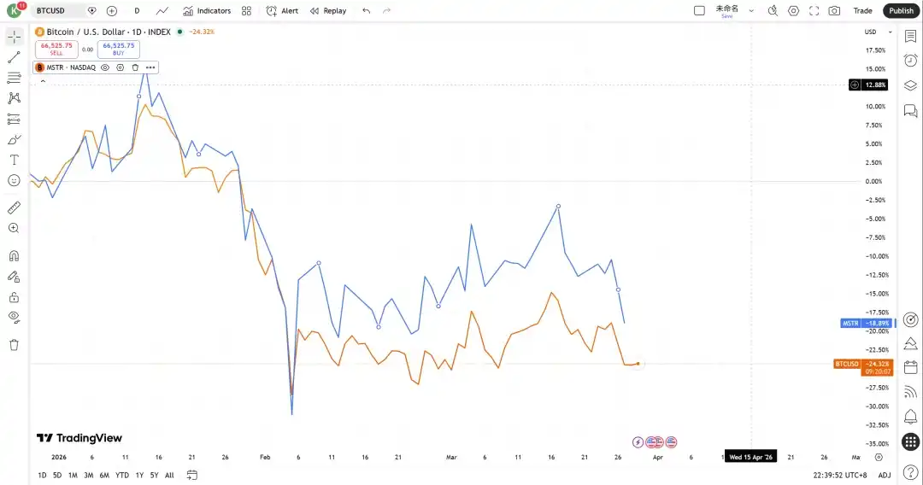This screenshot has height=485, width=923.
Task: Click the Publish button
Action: pos(901,10)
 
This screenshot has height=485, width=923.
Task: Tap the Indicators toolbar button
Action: pos(207,10)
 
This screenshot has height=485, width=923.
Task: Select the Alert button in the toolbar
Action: pos(282,10)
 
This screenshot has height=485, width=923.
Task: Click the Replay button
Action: pos(328,10)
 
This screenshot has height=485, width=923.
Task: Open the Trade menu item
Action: pos(862,10)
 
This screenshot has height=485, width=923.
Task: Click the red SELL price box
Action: pos(56,49)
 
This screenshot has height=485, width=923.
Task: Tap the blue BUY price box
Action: pos(119,49)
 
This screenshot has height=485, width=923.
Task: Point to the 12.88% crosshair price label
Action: pos(875,85)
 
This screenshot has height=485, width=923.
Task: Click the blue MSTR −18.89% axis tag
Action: pos(866,324)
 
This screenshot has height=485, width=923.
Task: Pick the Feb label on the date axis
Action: pos(265,457)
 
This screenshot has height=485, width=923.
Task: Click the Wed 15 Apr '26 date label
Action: pos(750,457)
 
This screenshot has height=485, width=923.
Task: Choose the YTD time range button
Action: pos(121,475)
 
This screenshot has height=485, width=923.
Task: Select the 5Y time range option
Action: pos(154,475)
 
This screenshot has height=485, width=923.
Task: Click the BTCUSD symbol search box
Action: pos(60,10)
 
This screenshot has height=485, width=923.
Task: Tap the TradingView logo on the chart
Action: pos(79,438)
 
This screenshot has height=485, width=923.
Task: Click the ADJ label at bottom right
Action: pos(884,475)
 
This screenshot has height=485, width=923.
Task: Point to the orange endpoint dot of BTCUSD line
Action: pos(638,364)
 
